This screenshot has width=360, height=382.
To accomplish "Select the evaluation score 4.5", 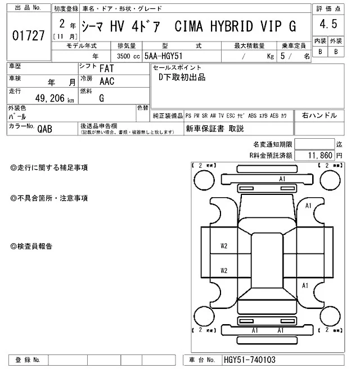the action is pyautogui.click(x=327, y=25).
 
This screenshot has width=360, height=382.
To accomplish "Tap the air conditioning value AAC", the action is pyautogui.click(x=107, y=81).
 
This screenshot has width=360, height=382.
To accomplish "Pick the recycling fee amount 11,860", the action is pyautogui.click(x=319, y=154).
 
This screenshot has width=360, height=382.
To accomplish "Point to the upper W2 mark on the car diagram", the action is pyautogui.click(x=224, y=246).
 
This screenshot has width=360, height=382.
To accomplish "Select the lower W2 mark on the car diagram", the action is pyautogui.click(x=224, y=270).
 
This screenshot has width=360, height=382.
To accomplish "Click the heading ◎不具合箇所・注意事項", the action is pyautogui.click(x=49, y=198).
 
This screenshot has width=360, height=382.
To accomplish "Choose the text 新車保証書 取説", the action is pyautogui.click(x=215, y=129).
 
